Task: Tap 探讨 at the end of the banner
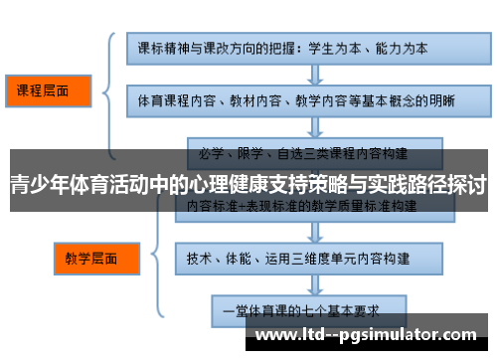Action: click(466, 184)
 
